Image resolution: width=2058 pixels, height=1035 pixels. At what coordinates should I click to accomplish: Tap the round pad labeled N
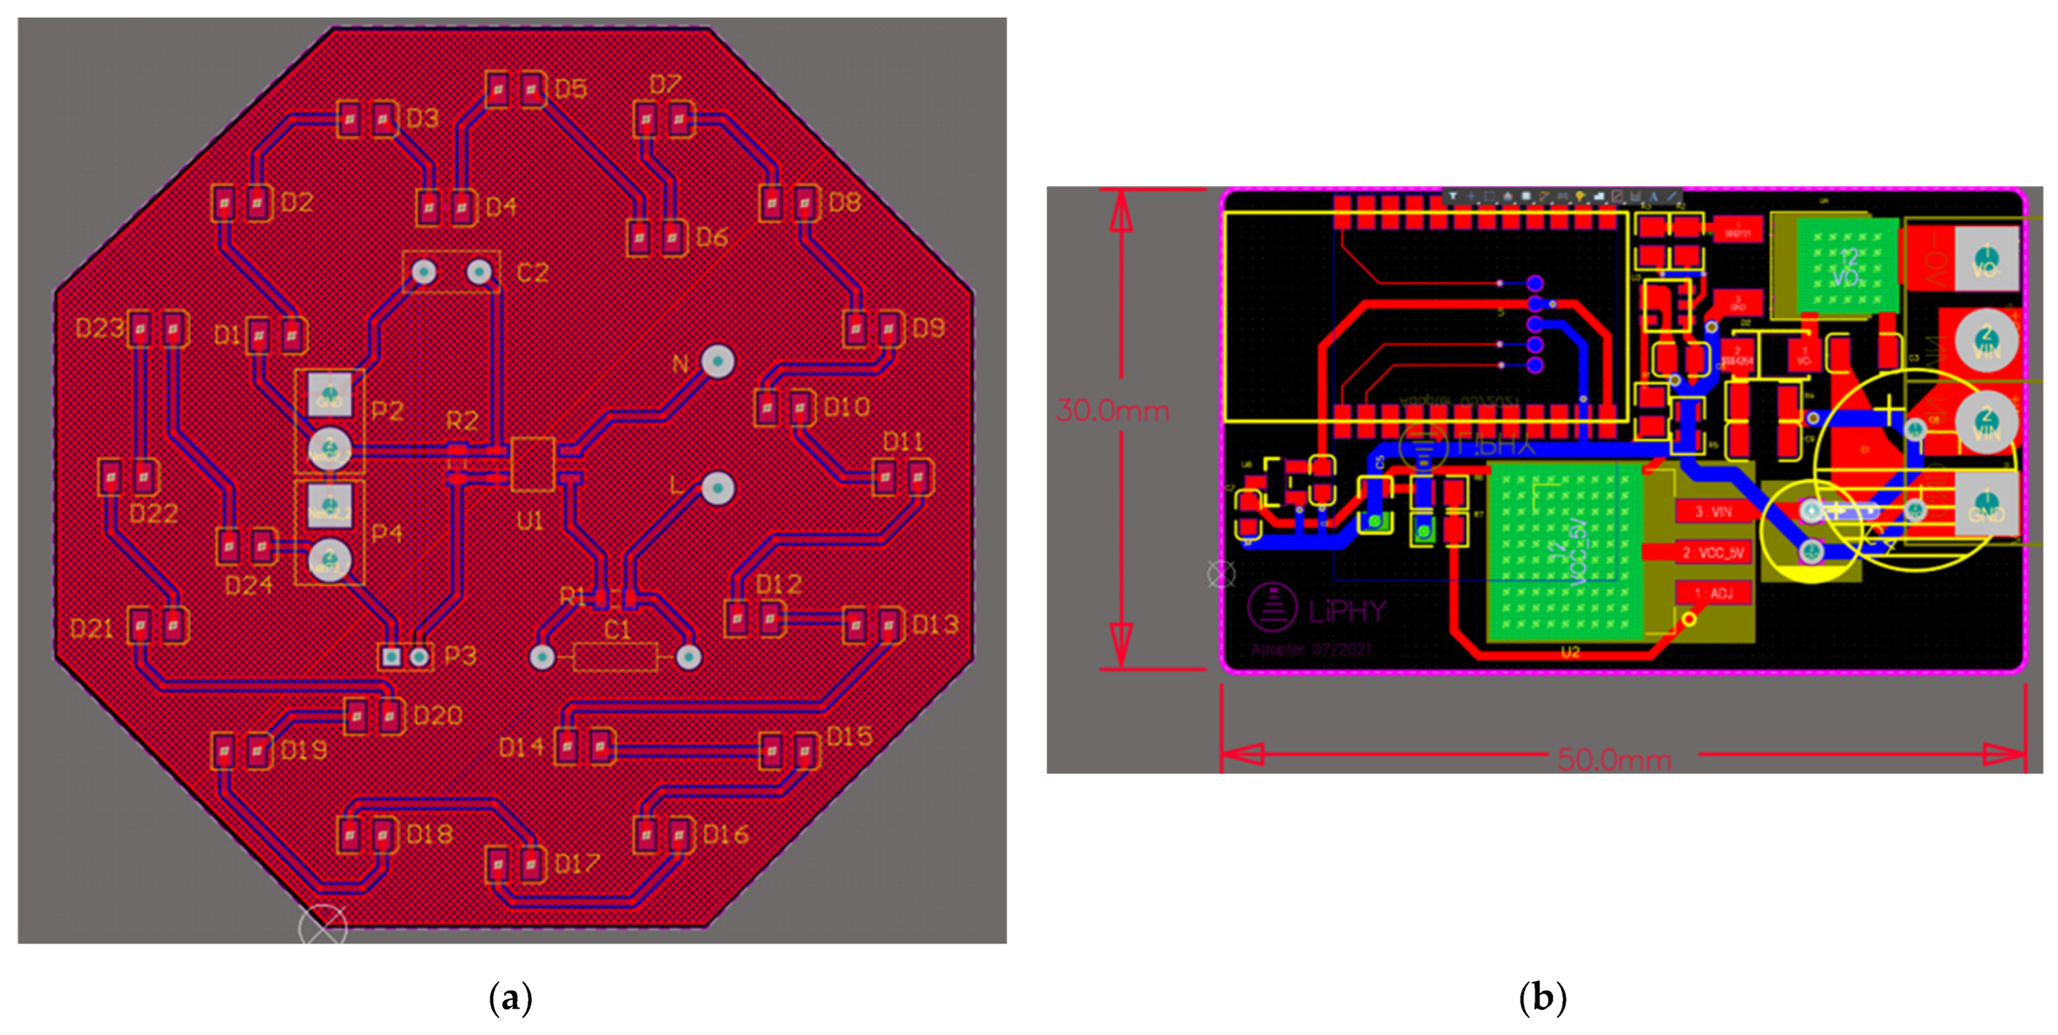click(x=718, y=362)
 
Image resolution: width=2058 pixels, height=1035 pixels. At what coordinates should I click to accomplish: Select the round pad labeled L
click(x=718, y=488)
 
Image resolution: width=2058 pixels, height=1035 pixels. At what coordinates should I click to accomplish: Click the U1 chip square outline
click(x=532, y=463)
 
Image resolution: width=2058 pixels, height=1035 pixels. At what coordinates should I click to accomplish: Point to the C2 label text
click(x=532, y=273)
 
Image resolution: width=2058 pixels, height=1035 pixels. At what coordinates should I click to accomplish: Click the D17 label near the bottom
click(x=576, y=864)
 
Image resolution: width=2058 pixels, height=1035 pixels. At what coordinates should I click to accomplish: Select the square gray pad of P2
click(x=330, y=394)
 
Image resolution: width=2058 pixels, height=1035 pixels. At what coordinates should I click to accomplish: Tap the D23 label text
click(x=99, y=327)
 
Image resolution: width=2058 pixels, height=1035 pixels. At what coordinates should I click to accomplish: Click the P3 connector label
click(x=460, y=656)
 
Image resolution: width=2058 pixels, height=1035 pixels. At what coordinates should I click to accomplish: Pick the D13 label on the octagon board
click(x=935, y=624)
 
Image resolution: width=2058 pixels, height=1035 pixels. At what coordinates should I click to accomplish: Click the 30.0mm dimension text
click(x=1112, y=411)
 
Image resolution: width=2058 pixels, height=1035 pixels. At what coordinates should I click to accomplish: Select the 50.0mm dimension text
click(x=1614, y=759)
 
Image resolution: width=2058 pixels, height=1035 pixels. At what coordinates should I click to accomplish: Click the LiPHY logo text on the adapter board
click(x=1347, y=612)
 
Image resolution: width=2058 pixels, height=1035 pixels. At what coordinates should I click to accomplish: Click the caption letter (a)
click(x=510, y=998)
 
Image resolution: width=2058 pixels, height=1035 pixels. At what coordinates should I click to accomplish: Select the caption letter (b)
click(x=1542, y=998)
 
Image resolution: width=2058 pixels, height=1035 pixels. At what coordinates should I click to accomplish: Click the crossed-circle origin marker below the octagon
click(x=323, y=928)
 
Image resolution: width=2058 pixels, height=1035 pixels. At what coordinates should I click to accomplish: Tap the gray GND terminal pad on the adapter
click(x=1986, y=503)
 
